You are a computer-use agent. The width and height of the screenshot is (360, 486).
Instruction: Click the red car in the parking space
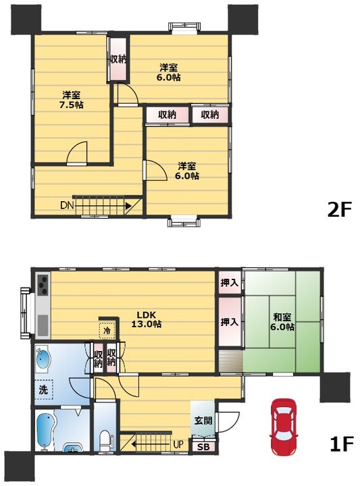coord(284,427)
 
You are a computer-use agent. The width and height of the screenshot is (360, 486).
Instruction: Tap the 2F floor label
coord(340,210)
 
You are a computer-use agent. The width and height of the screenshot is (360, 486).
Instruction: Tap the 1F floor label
coord(341,444)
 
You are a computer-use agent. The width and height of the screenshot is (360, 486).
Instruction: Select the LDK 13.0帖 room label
coord(147,319)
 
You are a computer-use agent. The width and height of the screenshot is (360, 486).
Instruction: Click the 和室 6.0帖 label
coord(282,322)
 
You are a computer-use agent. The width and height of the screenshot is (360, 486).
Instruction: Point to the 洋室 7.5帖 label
coord(72,100)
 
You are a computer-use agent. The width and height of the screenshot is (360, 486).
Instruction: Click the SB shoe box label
coord(203,447)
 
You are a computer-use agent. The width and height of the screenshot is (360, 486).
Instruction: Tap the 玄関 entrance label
coord(203,421)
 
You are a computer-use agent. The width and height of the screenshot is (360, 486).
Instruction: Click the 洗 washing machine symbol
coord(43,389)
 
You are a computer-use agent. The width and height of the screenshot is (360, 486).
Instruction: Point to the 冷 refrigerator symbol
coord(107,330)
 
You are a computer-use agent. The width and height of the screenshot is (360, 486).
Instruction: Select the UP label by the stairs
coord(178,445)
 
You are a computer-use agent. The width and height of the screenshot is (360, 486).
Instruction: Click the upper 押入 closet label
coord(230,282)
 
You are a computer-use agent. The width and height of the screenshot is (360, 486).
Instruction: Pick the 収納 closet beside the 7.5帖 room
coord(118,59)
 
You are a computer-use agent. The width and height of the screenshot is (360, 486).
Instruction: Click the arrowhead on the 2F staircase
coord(128,205)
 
